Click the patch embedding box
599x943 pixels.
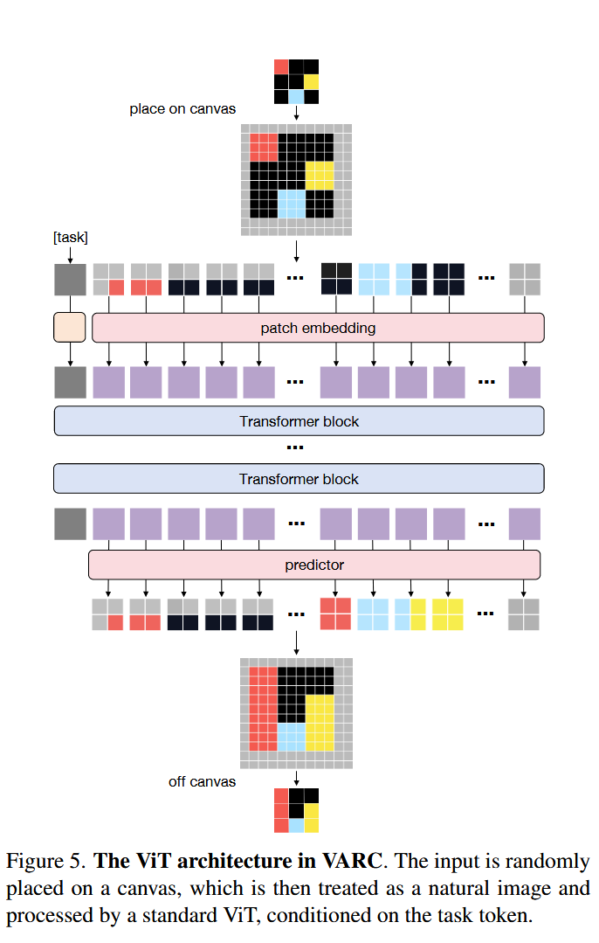[318, 328]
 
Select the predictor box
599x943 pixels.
[314, 565]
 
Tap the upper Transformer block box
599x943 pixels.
[299, 421]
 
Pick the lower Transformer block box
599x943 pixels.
[299, 479]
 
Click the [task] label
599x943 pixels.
[71, 238]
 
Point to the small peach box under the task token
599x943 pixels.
[70, 327]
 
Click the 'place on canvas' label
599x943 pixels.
[182, 109]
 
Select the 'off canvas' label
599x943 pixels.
[202, 782]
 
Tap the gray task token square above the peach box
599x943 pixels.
[71, 279]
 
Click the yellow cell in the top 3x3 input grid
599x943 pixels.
[311, 82]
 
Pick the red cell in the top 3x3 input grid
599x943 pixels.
[281, 66]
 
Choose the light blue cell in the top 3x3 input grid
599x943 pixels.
[296, 97]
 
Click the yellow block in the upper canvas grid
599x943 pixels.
[320, 176]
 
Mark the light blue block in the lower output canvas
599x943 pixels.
[292, 738]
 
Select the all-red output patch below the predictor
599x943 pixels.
[335, 614]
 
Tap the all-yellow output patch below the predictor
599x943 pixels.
[448, 614]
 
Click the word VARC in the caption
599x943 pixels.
[352, 861]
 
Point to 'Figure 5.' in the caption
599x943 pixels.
[45, 862]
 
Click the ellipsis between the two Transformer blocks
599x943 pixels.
[295, 447]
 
